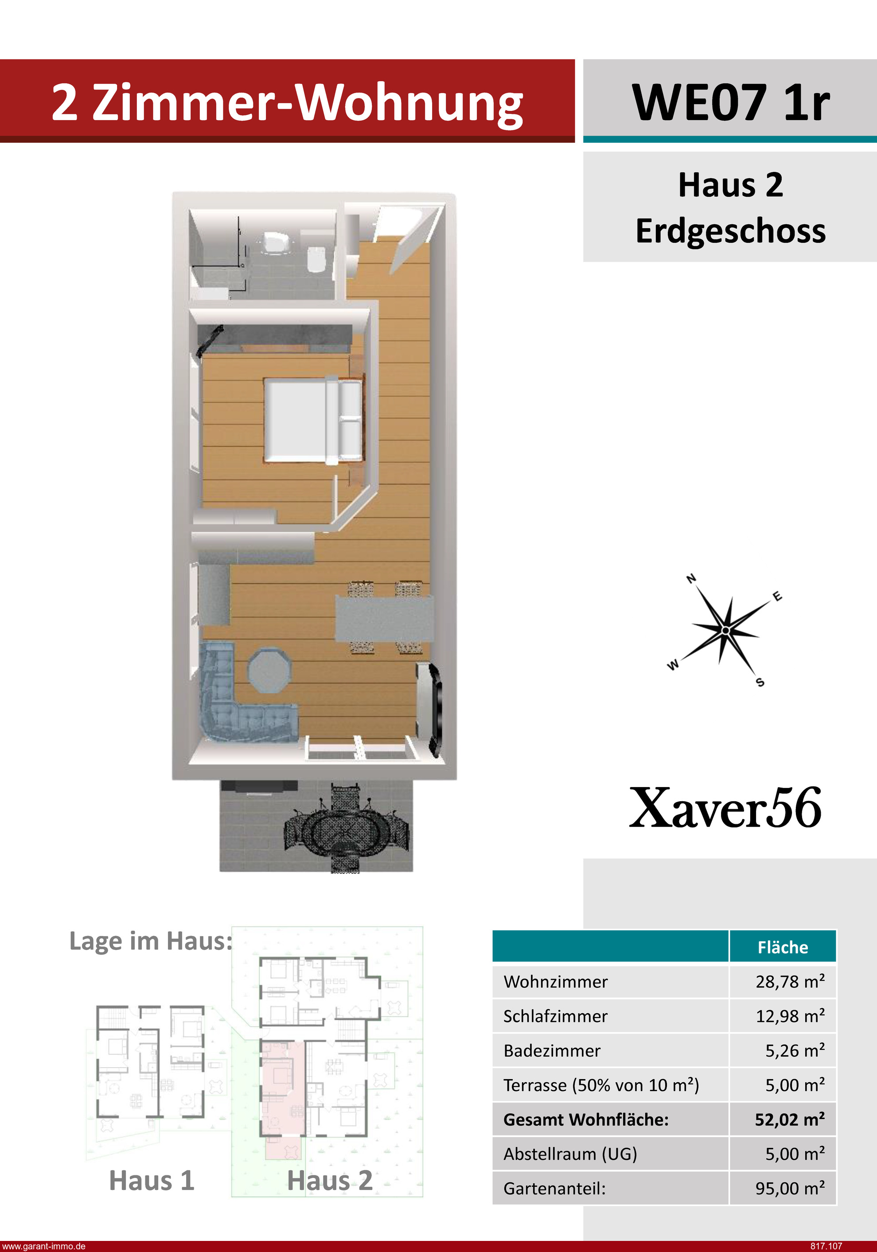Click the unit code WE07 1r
tap(730, 102)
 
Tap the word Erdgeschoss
tap(730, 230)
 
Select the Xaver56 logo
tap(725, 807)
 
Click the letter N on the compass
tap(691, 578)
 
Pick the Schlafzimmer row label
tap(555, 1016)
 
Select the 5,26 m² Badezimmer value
tap(795, 1050)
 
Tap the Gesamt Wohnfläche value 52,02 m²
tap(790, 1119)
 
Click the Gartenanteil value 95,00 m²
tap(790, 1188)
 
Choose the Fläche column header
tap(783, 947)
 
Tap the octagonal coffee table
tap(270, 670)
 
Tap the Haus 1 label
tap(152, 1181)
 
